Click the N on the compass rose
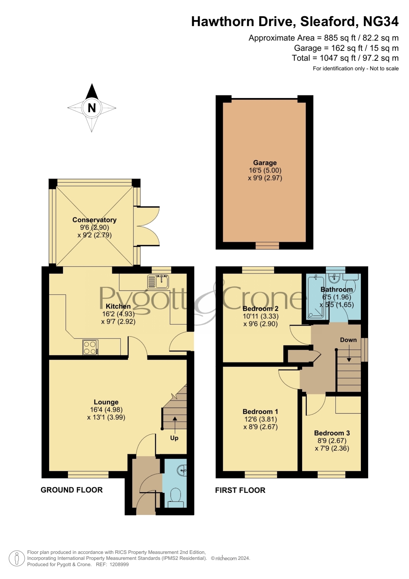(92, 108)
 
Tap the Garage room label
(265, 163)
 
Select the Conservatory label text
(95, 220)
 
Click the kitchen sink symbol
(159, 281)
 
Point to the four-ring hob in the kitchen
(90, 347)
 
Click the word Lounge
(106, 402)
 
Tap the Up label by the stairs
(174, 438)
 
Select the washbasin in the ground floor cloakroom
(182, 470)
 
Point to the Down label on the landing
(348, 340)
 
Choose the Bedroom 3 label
(332, 433)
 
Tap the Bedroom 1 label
(260, 412)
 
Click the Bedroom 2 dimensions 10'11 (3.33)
(261, 316)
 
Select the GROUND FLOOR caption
(72, 490)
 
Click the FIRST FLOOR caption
(240, 490)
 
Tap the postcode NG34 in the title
(381, 21)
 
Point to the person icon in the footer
(16, 559)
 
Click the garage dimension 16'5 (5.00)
(265, 171)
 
